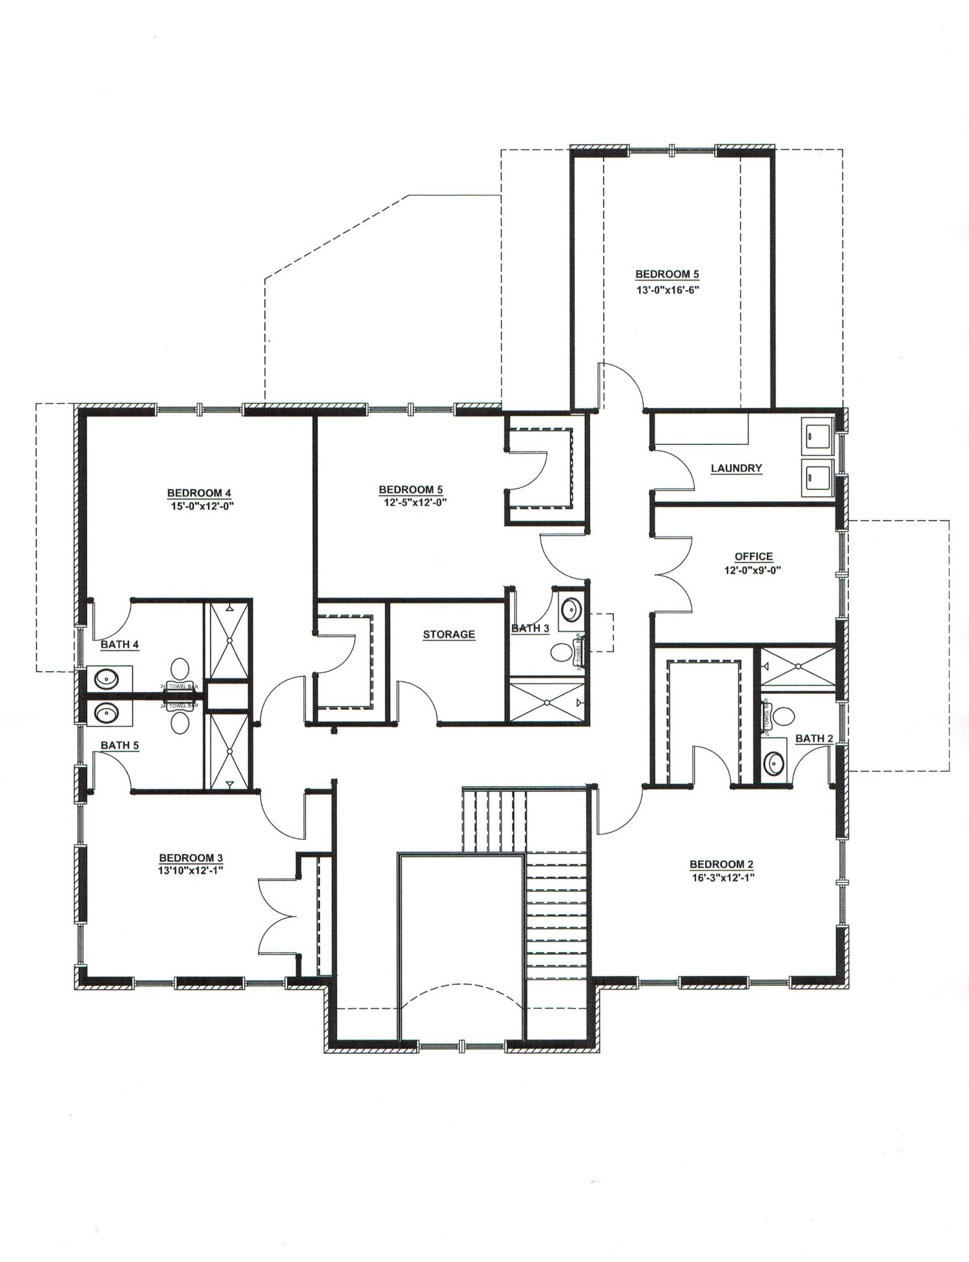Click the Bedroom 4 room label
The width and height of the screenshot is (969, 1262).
point(198,493)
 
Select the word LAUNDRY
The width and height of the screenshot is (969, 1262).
point(736,468)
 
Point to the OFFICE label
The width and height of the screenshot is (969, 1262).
point(753,556)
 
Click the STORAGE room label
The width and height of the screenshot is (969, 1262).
point(449,634)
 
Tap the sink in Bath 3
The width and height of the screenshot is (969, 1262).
point(572,610)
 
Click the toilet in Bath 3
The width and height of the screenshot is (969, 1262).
point(562,652)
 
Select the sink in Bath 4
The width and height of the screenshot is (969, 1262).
point(107,679)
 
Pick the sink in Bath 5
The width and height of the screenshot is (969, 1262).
point(107,713)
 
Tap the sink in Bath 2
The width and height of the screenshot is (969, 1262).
point(774,765)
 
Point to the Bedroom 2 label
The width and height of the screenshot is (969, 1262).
point(721,865)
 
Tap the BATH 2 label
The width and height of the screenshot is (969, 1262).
point(814,738)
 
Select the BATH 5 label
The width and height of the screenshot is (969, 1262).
point(120,745)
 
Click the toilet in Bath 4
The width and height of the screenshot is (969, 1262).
point(179,668)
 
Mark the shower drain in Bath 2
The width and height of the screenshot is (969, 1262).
point(798,666)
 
